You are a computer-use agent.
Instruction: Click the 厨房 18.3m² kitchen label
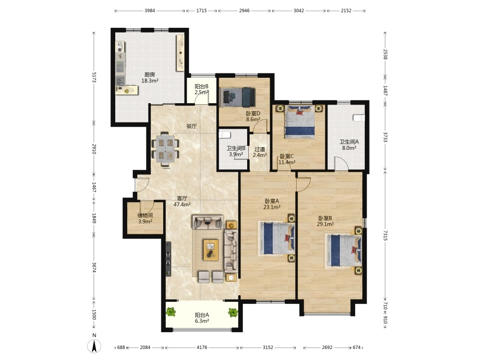click(150, 78)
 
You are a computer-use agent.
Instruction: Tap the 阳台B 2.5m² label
click(202, 89)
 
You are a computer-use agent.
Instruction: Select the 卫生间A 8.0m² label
click(349, 145)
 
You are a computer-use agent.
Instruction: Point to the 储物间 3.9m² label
click(145, 218)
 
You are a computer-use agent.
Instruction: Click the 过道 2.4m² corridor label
click(260, 152)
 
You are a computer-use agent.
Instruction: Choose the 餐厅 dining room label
click(192, 126)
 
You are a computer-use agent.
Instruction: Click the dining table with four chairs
click(165, 149)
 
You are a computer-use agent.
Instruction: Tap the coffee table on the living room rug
click(211, 250)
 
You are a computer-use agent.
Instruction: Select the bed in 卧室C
click(300, 122)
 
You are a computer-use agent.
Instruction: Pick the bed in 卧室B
click(343, 250)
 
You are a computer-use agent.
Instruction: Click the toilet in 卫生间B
click(225, 135)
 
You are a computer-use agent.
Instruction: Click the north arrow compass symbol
click(94, 346)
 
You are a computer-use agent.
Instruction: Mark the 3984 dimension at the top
click(150, 11)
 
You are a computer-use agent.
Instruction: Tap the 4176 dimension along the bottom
click(202, 347)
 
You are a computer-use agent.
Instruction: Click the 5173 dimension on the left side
click(94, 77)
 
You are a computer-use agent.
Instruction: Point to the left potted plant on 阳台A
click(171, 312)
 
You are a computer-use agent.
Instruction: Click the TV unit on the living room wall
click(168, 259)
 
